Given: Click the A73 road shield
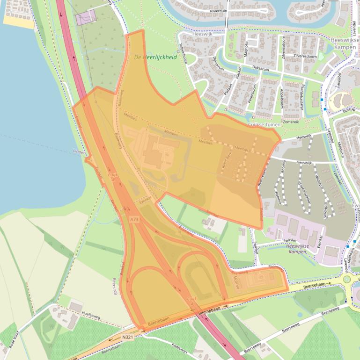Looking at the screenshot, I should click(135, 219).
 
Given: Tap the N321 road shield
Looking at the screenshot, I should click(128, 337).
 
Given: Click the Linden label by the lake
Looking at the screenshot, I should click(80, 151).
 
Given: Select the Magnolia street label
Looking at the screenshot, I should click(246, 49).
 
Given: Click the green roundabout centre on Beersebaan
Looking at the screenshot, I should click(347, 280).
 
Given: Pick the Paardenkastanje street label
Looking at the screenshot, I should click(302, 97).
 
